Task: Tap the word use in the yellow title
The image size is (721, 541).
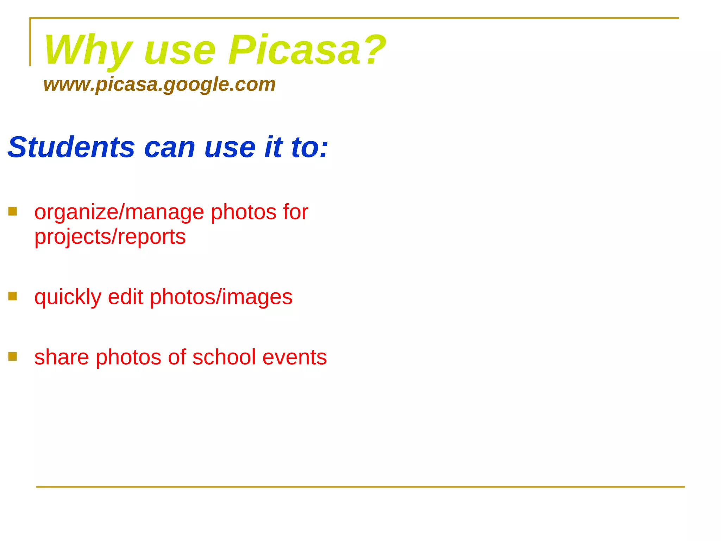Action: coord(180,51)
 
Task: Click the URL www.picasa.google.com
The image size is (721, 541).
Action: coord(159,85)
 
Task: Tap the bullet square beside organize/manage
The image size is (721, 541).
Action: coord(13,211)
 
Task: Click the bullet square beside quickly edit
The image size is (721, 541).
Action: coord(13,296)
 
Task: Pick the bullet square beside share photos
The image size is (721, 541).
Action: coord(13,356)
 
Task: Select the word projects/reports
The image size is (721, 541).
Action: coord(110,237)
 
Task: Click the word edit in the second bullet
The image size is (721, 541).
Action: coord(125,297)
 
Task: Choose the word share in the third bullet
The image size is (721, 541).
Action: coord(62,357)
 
